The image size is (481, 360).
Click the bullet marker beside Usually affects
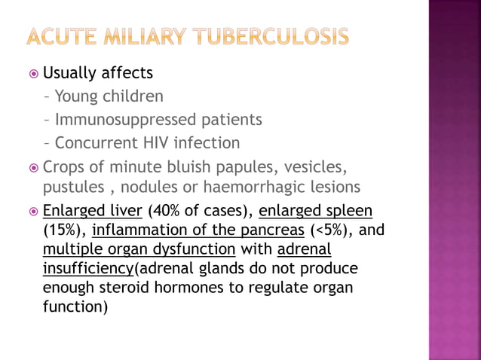coord(32,74)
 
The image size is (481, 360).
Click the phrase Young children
coord(109,96)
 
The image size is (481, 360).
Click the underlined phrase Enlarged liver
coord(93,210)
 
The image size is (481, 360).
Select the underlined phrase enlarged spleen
coord(315,210)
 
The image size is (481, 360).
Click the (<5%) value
coord(329,230)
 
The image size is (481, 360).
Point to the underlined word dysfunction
coord(194,249)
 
